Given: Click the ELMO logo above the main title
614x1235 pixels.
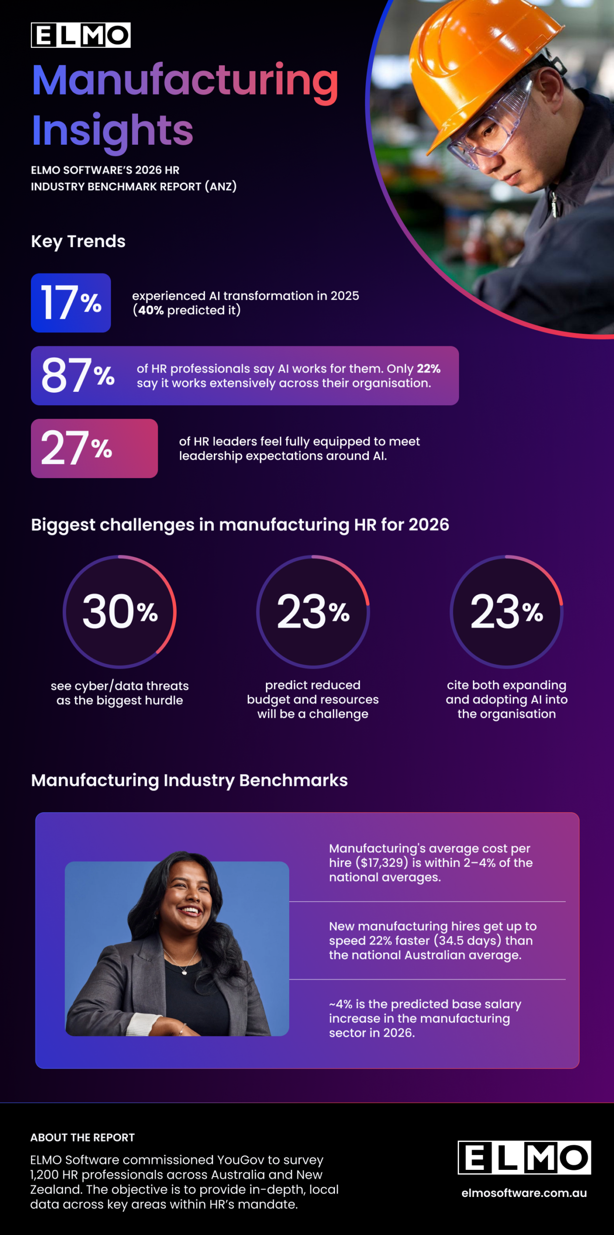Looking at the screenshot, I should click(81, 35).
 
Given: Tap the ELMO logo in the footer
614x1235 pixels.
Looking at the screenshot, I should click(524, 1157).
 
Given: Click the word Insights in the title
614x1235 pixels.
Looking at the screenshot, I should click(112, 130).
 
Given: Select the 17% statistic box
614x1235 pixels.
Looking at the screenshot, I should click(71, 303).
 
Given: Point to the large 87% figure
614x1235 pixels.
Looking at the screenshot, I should click(77, 375).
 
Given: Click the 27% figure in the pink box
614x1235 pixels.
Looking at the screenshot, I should click(76, 448).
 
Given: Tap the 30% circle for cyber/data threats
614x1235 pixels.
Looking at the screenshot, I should click(120, 612).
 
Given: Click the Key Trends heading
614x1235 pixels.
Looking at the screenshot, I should click(78, 241).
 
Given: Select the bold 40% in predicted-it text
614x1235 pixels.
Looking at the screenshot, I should click(151, 310).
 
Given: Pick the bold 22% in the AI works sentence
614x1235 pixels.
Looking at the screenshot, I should click(429, 369).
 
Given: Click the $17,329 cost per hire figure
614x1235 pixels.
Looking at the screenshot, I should click(382, 863).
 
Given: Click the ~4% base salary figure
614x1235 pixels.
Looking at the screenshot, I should click(340, 1004).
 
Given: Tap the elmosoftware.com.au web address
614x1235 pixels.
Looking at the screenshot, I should click(524, 1193).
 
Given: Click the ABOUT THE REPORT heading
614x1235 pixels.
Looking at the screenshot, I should click(83, 1138).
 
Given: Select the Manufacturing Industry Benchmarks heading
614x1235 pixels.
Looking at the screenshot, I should click(189, 780).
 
